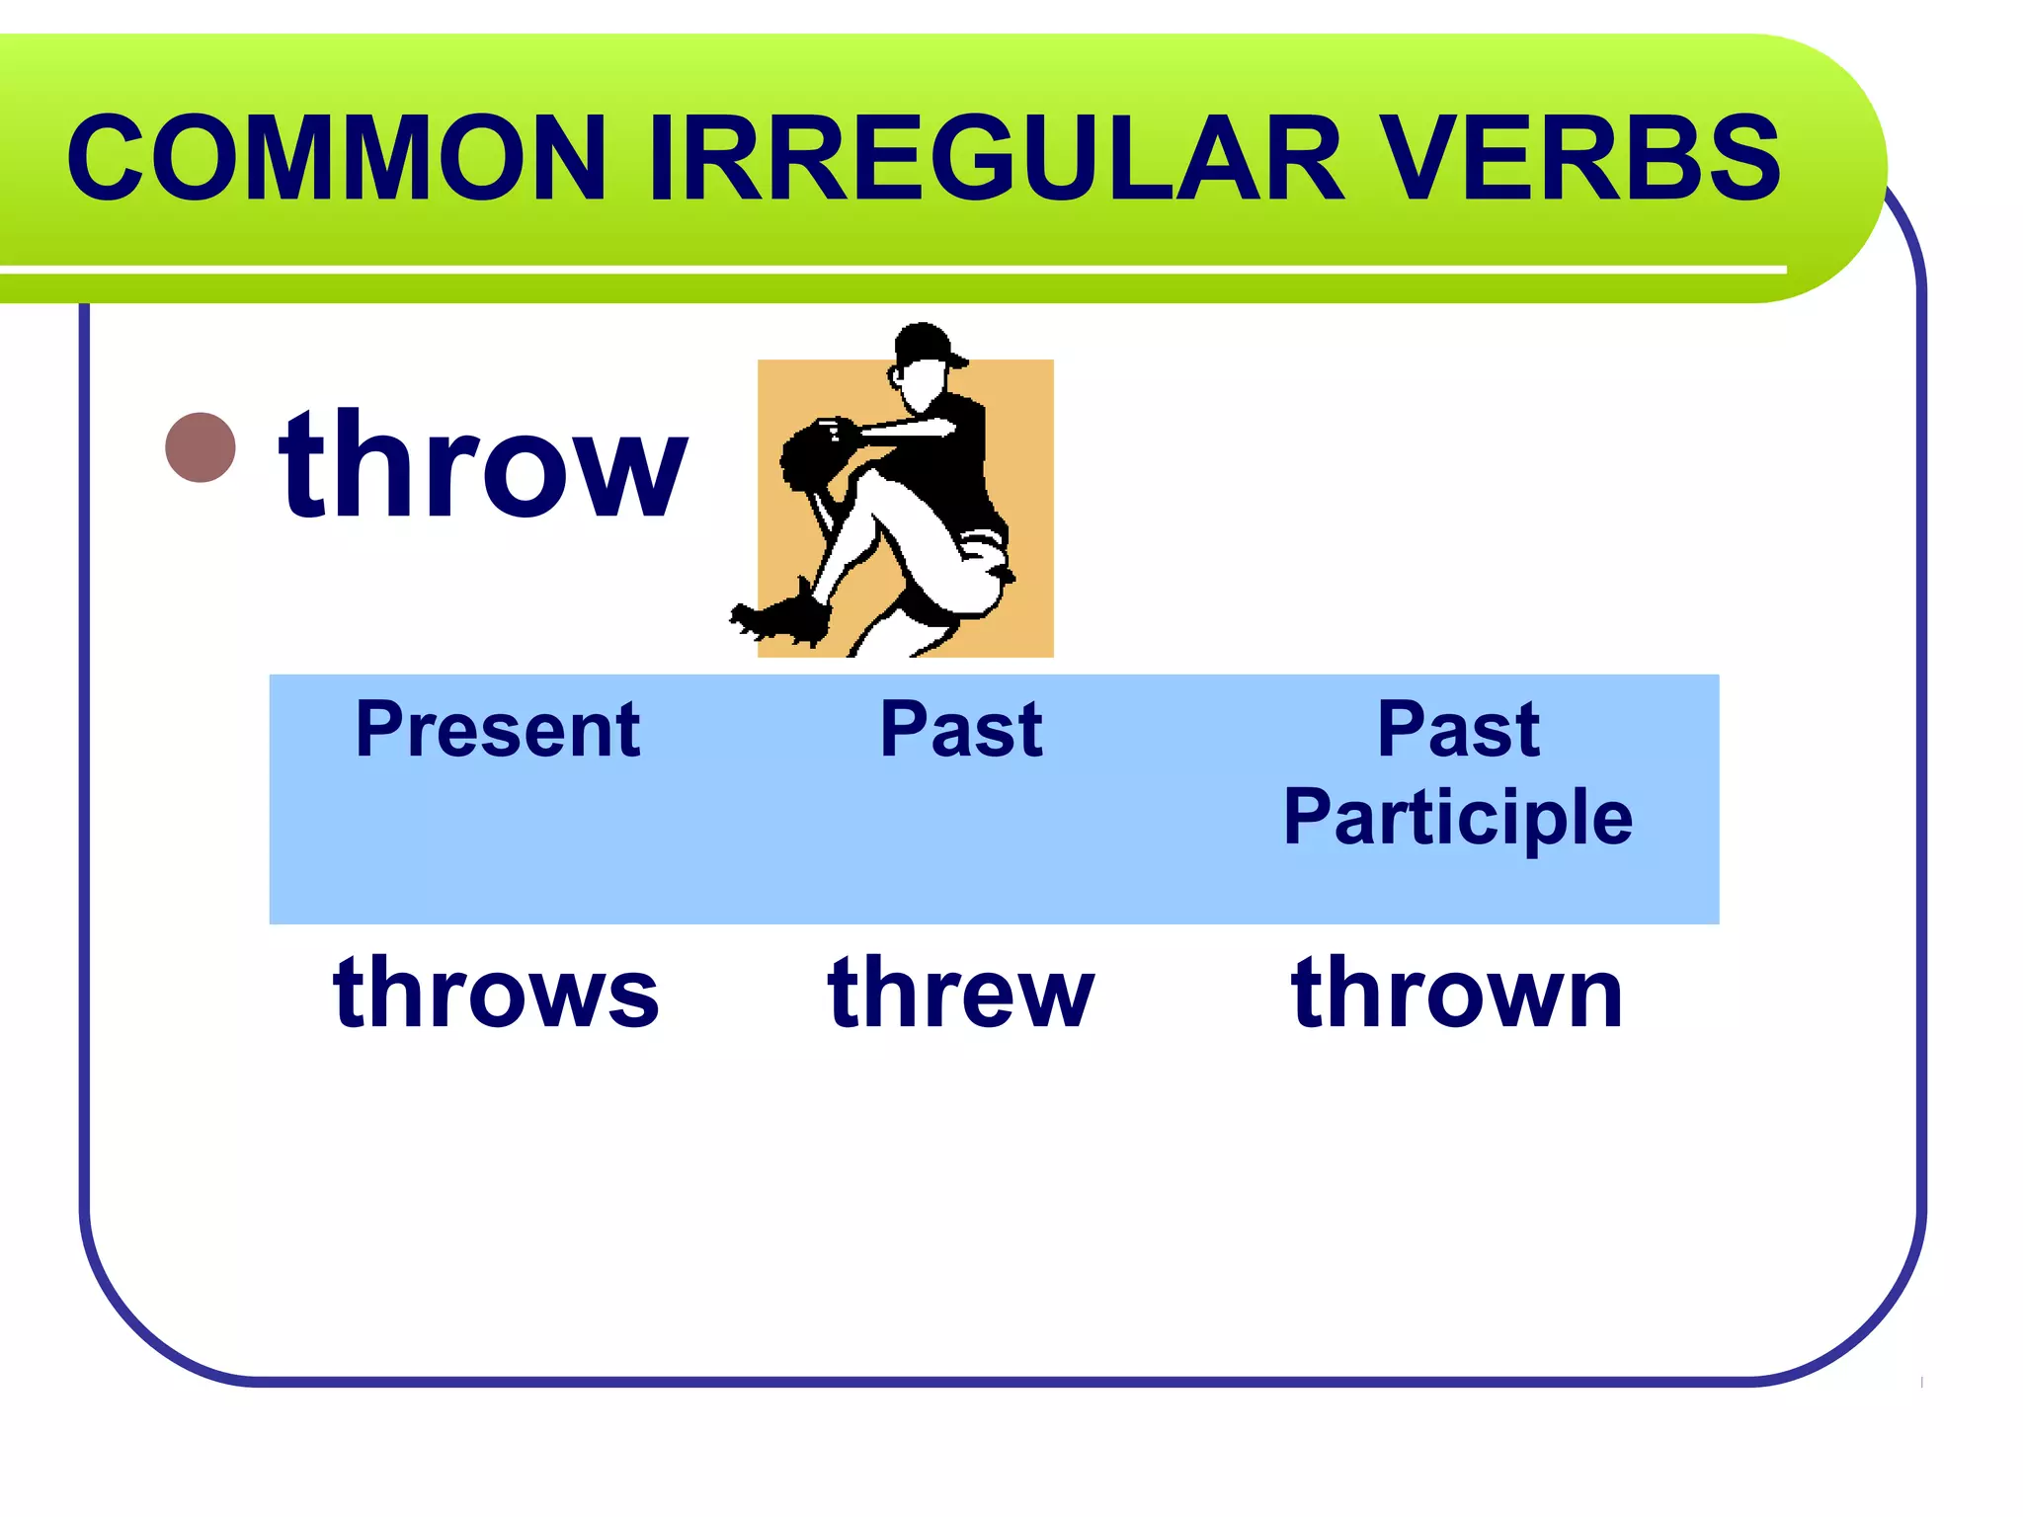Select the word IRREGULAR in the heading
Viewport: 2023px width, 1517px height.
(x=995, y=158)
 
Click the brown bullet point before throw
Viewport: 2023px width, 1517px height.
(x=201, y=447)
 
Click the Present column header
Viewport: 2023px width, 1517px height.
(x=498, y=729)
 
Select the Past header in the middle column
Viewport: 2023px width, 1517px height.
(x=961, y=729)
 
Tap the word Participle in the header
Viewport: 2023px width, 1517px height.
(x=1458, y=818)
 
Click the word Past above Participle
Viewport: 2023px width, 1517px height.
(x=1458, y=729)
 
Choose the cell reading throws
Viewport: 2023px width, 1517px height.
(x=496, y=992)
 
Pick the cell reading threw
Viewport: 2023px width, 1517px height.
(x=961, y=992)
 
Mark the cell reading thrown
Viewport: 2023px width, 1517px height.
(x=1458, y=992)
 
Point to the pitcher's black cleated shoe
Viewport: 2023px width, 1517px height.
(x=785, y=617)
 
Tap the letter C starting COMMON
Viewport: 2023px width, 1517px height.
(x=107, y=158)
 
